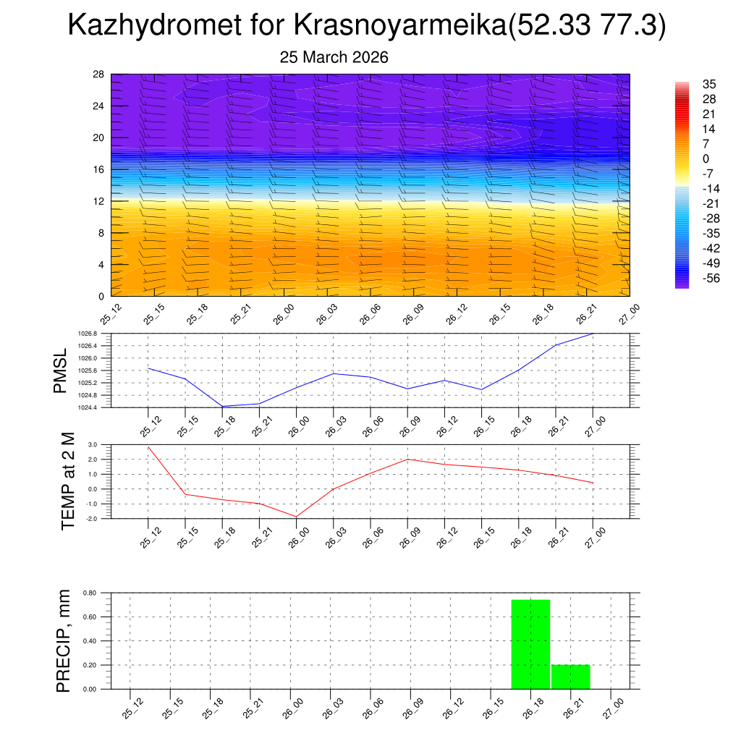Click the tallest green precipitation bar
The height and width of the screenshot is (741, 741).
[x=530, y=644]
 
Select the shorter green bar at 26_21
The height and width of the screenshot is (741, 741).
[x=570, y=677]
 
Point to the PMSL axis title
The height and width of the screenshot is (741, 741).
[x=60, y=370]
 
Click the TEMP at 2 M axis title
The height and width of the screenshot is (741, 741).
[x=68, y=481]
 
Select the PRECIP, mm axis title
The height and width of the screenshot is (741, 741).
[x=64, y=641]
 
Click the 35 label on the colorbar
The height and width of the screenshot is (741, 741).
[x=709, y=85]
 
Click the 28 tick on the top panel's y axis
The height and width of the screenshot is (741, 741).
[x=99, y=75]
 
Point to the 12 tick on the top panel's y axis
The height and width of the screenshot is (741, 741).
[x=99, y=201]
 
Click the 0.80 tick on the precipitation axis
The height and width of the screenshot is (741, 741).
[x=90, y=593]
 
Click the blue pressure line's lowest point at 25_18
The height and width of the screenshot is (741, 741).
[x=222, y=406]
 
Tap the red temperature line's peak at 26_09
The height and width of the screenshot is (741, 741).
[x=407, y=459]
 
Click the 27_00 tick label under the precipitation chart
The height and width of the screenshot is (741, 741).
[x=612, y=707]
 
